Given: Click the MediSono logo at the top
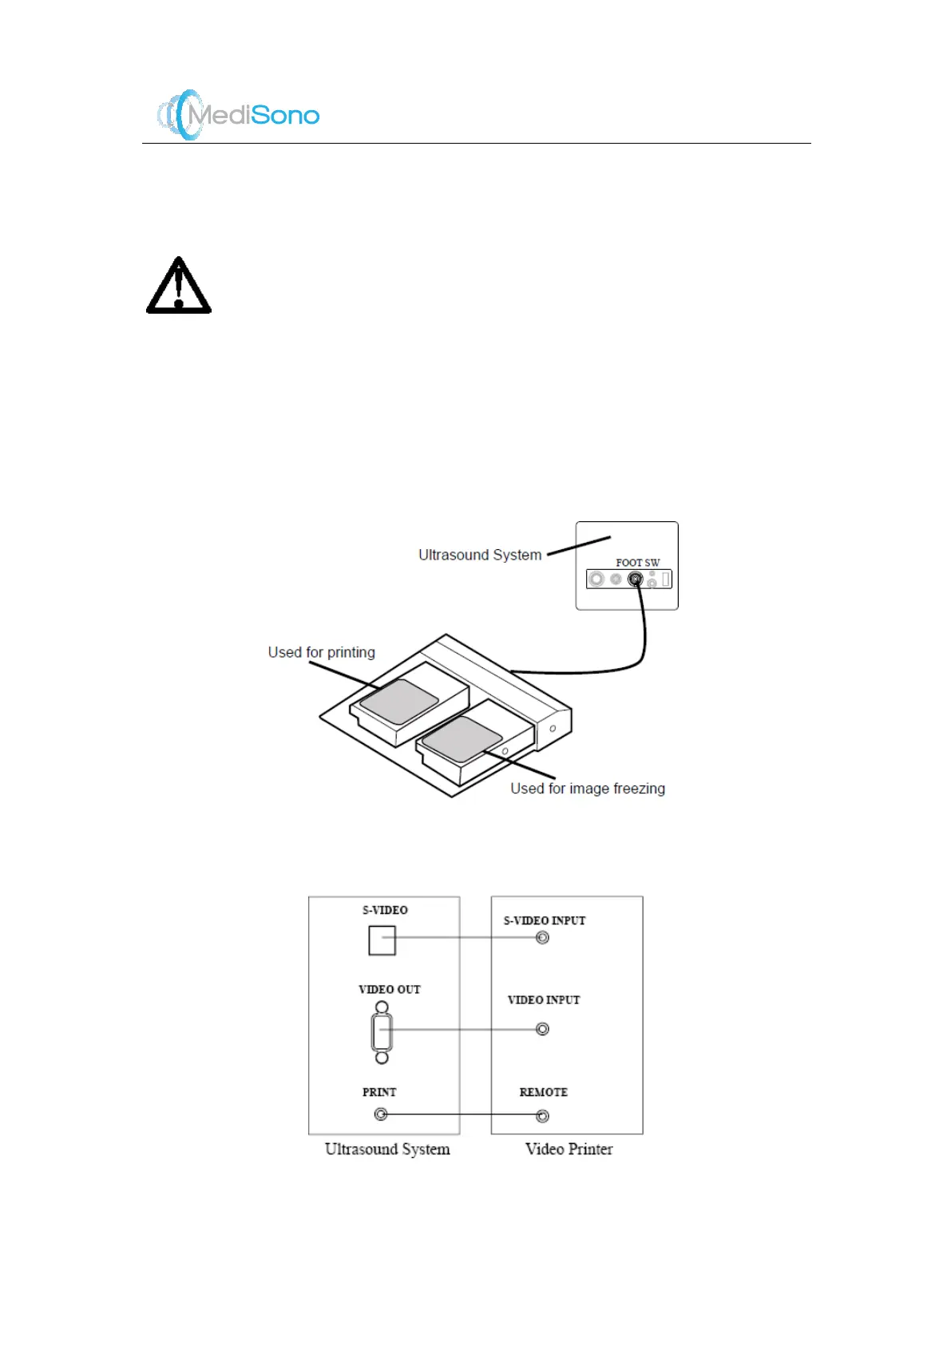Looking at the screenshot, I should [238, 115].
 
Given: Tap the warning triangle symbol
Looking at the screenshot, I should [179, 286].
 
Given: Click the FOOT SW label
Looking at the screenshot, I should [637, 563].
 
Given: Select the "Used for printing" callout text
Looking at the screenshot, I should [321, 652].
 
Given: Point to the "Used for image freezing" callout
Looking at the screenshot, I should [587, 789].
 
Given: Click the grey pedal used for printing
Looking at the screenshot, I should [398, 702].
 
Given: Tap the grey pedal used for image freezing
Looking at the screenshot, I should [462, 738].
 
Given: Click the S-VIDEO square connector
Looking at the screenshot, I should [382, 940].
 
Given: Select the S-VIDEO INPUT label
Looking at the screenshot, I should [544, 920].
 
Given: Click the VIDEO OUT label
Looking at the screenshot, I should [389, 989].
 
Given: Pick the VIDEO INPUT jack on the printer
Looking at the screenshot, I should [542, 1029].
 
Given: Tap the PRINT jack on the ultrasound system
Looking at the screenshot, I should [381, 1114].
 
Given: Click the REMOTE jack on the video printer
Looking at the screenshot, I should [542, 1115].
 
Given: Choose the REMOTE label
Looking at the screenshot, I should [543, 1092].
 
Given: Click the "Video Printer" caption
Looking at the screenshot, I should [569, 1149].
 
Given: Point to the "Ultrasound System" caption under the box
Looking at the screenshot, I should [387, 1149].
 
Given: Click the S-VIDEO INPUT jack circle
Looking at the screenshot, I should [542, 938].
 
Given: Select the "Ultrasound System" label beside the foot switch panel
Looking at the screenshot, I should [480, 555].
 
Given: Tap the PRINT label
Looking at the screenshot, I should [379, 1092].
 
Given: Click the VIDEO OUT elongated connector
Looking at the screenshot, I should [382, 1032].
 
